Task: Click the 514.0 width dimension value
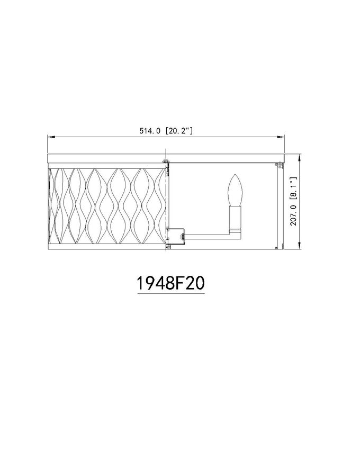tap(149, 131)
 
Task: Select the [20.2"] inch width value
tap(179, 131)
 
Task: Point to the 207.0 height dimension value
tap(293, 214)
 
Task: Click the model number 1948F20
tap(171, 283)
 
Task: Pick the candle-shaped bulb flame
tap(235, 190)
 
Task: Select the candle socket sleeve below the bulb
tap(235, 217)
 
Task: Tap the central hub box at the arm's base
tap(175, 236)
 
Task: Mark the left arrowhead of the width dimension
tap(51, 137)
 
